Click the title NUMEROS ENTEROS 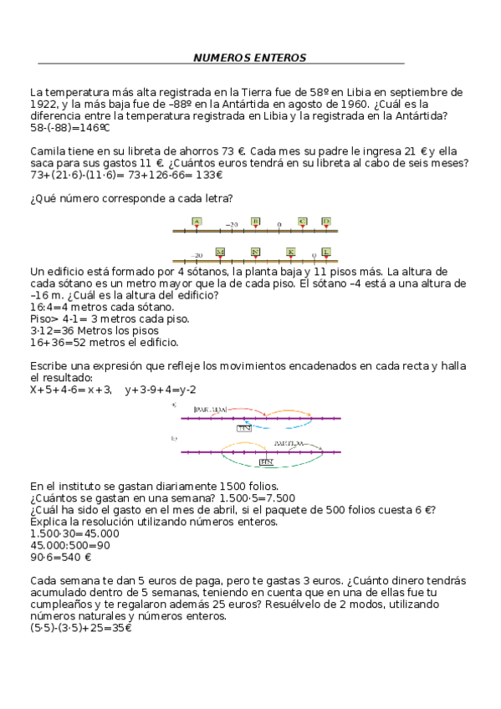tap(249, 58)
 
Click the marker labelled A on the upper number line tap(197, 222)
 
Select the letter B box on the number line tap(255, 222)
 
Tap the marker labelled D tap(326, 222)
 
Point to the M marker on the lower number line tap(220, 252)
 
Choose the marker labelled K tap(290, 252)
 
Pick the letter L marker tap(326, 252)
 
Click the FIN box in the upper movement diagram tap(244, 427)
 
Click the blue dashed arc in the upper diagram tap(276, 426)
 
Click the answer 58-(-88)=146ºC tap(70, 129)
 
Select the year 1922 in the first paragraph tap(43, 104)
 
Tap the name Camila tap(47, 150)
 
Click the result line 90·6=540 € tap(60, 557)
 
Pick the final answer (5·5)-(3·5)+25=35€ tap(80, 628)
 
